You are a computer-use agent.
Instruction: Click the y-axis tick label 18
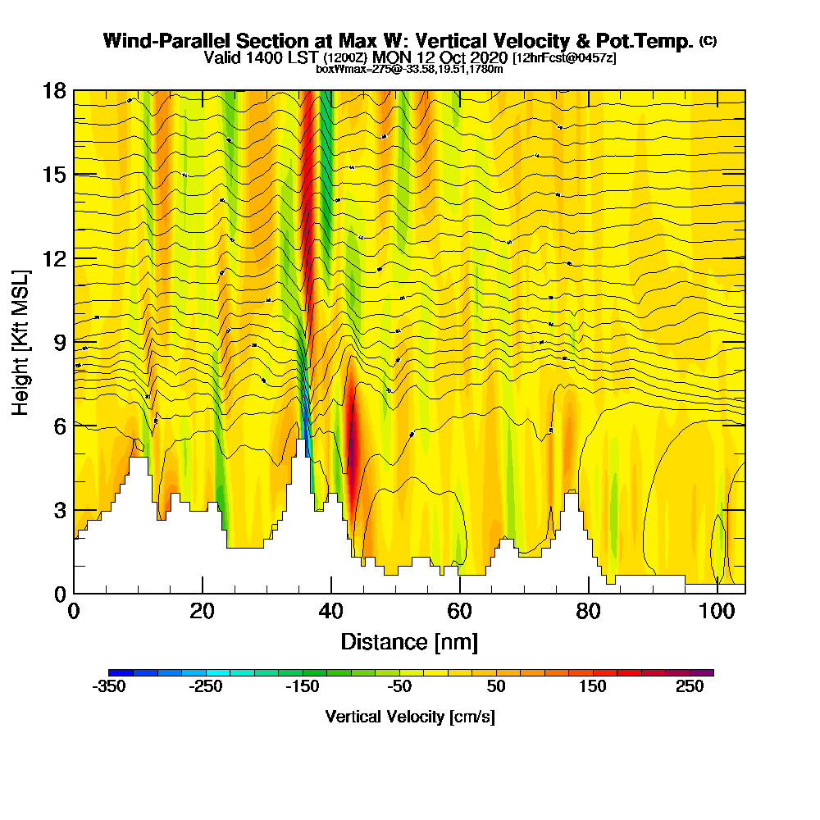click(54, 90)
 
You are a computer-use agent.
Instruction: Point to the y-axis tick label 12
click(54, 257)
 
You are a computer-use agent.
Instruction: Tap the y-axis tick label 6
click(59, 426)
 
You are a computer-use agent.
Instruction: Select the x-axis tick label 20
click(203, 613)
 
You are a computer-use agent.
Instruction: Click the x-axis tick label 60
click(460, 613)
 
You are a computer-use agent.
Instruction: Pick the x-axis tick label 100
click(717, 613)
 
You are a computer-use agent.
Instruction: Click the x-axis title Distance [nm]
click(409, 641)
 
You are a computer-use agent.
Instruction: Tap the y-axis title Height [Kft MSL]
click(21, 341)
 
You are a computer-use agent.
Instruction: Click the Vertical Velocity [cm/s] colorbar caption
click(410, 717)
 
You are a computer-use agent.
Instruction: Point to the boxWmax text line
click(409, 69)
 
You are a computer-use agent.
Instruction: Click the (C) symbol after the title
click(708, 41)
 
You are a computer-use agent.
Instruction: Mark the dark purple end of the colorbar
click(707, 672)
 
